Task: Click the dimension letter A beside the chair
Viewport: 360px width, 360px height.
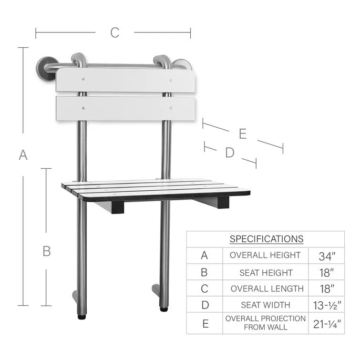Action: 23,155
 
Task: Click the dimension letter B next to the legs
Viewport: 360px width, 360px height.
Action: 46,251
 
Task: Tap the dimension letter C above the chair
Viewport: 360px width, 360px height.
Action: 114,32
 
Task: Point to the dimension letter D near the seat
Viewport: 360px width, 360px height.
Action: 230,153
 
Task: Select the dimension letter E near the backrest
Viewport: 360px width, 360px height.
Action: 243,134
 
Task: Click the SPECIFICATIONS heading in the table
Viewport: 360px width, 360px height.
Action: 266,239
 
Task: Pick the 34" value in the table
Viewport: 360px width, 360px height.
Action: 327,256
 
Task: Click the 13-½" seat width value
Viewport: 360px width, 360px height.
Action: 327,305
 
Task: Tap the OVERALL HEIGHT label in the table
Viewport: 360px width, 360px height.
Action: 265,255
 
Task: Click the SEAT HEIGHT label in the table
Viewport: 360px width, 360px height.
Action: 266,272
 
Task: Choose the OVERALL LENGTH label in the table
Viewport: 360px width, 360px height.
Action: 267,288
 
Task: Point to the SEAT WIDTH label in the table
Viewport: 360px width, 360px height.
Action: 266,305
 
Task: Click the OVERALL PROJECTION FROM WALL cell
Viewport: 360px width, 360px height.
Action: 266,322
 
